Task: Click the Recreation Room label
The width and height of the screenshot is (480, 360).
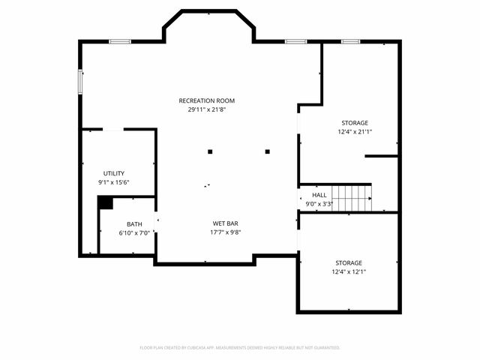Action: (206, 100)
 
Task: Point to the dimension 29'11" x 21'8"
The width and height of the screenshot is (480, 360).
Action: (206, 109)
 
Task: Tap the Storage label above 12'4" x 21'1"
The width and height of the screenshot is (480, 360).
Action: (355, 122)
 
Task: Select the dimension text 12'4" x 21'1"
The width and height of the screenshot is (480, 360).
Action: (355, 131)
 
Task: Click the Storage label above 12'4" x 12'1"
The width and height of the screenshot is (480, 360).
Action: (349, 262)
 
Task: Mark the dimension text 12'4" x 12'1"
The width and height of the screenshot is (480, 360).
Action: (349, 271)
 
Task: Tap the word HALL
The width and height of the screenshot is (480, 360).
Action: (319, 194)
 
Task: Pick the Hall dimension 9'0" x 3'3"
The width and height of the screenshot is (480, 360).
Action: (319, 203)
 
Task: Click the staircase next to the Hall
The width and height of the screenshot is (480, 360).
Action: (352, 198)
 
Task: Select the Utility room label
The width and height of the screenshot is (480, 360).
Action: (114, 172)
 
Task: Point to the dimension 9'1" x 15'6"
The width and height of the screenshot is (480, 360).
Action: (114, 181)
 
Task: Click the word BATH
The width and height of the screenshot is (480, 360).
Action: (134, 223)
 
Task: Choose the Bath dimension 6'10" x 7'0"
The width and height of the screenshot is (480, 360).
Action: (134, 232)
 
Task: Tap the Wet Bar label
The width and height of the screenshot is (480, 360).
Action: (226, 223)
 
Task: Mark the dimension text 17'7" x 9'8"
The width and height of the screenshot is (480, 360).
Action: (226, 232)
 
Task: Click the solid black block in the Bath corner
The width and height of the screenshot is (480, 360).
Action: (105, 202)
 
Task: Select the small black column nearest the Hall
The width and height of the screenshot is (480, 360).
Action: (267, 151)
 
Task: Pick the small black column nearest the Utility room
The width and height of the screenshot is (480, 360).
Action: (210, 151)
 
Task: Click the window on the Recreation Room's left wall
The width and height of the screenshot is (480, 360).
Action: (80, 82)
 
